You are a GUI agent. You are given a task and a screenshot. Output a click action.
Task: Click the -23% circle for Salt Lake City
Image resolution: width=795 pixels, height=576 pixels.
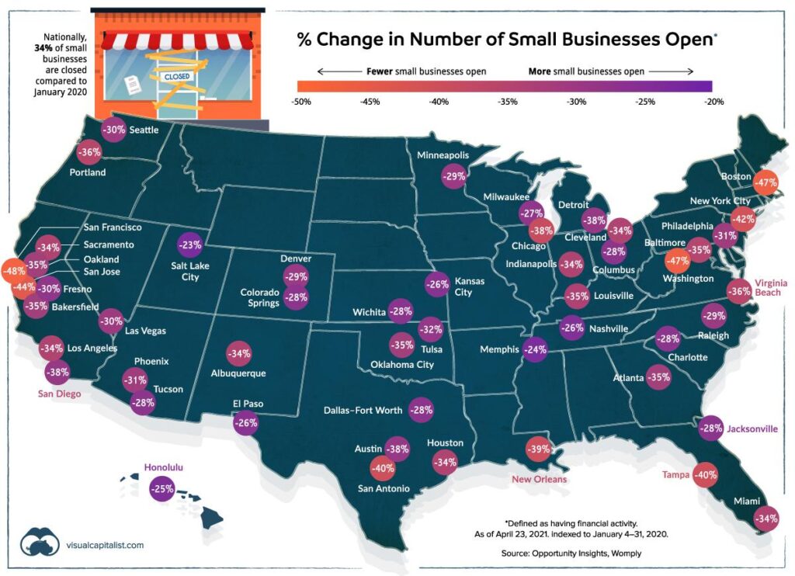tap(190, 245)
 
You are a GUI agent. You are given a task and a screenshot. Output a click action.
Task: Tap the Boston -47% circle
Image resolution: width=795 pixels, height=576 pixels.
tap(768, 182)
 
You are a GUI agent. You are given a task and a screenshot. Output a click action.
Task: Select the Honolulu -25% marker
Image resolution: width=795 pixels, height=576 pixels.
tap(162, 489)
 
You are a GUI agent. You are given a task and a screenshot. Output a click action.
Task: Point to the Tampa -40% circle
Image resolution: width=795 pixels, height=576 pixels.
tap(705, 474)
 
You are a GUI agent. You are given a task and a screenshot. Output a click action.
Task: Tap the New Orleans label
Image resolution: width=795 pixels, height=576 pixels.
tap(539, 479)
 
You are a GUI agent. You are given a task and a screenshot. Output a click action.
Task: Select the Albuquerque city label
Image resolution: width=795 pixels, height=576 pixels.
tap(238, 373)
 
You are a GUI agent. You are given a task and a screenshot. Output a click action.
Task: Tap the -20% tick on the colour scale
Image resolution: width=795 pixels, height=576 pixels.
tap(713, 101)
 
